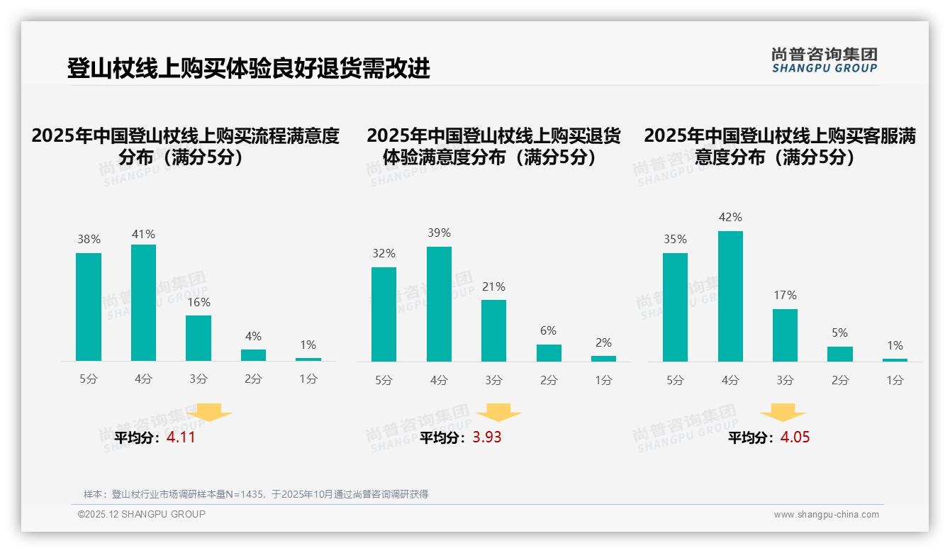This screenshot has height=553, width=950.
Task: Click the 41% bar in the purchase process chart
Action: point(143,303)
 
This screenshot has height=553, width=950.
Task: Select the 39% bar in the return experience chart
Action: point(439,304)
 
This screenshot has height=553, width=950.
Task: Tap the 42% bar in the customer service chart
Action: point(730,296)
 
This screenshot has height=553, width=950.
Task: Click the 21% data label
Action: point(493,287)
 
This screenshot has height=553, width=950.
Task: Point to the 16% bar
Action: point(199,338)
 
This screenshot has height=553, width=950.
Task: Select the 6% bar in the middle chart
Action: point(549,353)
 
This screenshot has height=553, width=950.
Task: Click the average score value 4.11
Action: point(181,437)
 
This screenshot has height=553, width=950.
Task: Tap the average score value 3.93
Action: point(487,437)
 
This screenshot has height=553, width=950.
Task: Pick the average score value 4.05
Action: point(795,437)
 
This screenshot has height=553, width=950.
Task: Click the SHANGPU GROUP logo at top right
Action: point(824,60)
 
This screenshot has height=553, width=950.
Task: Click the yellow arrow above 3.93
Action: point(498,413)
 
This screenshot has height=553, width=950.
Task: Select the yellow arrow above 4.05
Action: point(783,413)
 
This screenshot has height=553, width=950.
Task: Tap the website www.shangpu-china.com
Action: point(826,515)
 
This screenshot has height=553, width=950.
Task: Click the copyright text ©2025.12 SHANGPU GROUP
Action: point(142,514)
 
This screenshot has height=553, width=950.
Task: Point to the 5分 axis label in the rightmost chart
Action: point(675,380)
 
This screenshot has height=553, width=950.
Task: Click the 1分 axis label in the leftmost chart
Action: point(308,379)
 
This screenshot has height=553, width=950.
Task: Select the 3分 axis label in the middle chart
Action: point(493,380)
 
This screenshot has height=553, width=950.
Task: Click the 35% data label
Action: point(675,240)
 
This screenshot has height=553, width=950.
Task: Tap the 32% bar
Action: point(384,314)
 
